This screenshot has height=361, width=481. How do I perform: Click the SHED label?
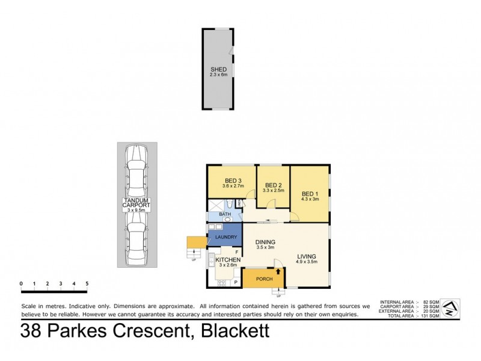[x=218, y=70]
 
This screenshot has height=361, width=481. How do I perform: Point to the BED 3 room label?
[x=233, y=180]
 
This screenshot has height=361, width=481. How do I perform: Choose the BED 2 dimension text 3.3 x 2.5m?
[x=274, y=191]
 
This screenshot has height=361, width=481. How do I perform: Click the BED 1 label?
[x=310, y=193]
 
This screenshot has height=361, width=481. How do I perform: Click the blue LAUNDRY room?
[x=225, y=236]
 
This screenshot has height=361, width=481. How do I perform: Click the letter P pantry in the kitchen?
[x=235, y=282]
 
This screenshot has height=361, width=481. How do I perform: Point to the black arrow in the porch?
[x=278, y=271]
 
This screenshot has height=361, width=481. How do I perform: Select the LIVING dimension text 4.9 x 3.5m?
[x=306, y=262]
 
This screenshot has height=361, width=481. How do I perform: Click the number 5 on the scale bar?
[x=87, y=283]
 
